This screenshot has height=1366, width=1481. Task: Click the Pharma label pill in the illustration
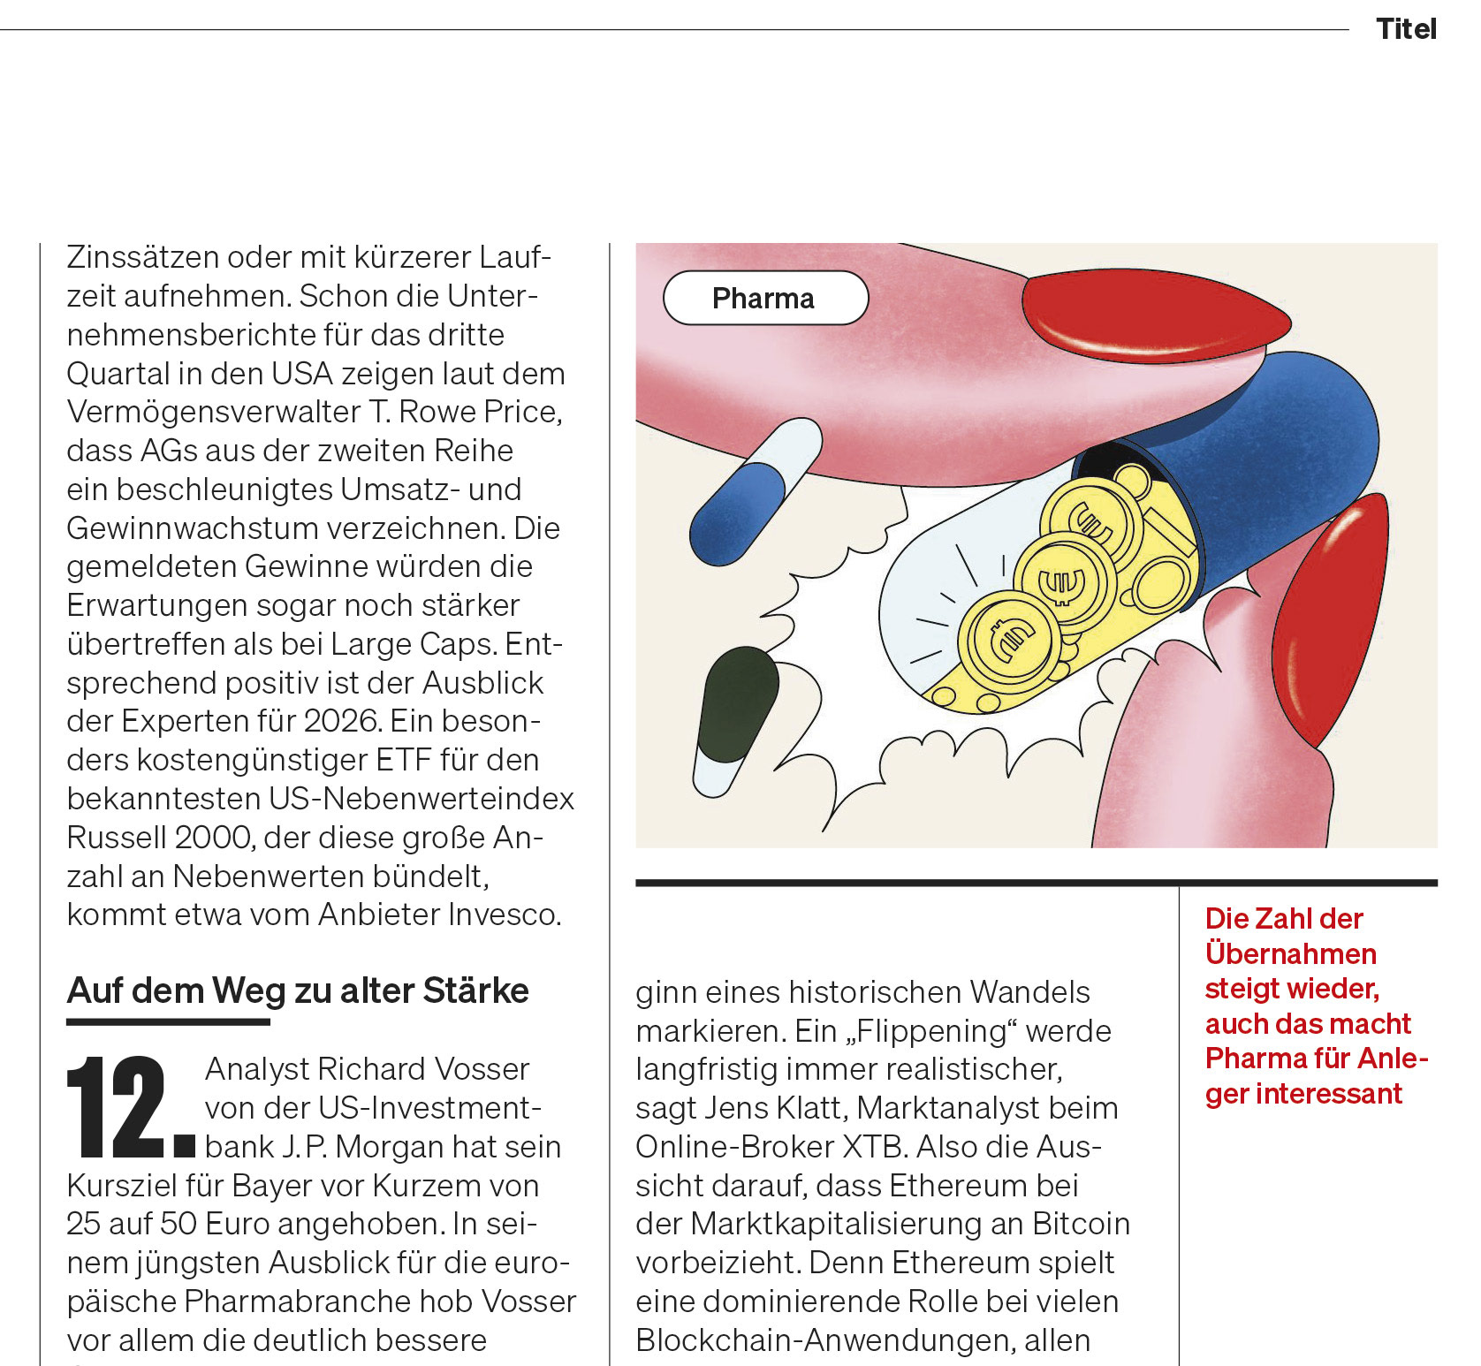coord(765,299)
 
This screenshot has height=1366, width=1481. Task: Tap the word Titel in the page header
coord(1406,29)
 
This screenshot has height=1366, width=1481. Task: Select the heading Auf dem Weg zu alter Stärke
coord(298,990)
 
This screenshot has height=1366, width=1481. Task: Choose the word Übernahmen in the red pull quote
coord(1290,953)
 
